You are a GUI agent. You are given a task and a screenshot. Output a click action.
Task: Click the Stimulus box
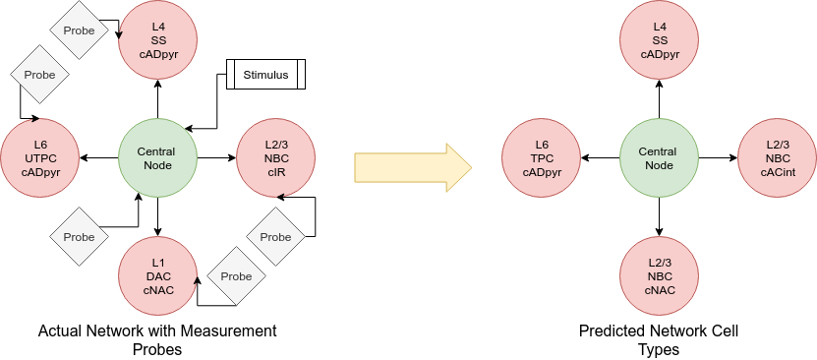265,74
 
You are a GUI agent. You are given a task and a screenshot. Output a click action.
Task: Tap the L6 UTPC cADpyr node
40,157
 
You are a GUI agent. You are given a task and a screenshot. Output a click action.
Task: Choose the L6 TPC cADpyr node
542,157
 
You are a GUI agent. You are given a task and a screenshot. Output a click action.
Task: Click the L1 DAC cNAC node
158,276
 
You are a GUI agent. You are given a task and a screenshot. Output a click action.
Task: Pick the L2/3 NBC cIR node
276,157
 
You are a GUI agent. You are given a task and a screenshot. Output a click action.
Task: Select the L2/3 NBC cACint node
777,157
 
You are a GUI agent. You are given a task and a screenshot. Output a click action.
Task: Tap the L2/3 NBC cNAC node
659,276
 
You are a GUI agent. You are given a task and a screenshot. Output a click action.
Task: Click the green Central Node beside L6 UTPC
158,157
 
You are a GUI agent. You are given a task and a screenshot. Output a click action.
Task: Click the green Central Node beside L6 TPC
659,157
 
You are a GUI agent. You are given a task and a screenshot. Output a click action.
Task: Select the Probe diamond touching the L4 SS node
79,30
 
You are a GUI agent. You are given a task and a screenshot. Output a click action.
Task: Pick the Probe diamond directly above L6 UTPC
39,74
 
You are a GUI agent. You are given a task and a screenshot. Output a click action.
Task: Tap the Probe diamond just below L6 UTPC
79,237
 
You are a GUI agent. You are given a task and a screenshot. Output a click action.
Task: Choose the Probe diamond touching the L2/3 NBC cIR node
275,237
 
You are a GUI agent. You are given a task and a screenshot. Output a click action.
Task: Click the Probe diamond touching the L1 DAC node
236,276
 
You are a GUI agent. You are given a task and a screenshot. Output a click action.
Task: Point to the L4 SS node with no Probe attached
659,39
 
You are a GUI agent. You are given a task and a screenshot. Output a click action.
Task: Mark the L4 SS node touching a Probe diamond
158,39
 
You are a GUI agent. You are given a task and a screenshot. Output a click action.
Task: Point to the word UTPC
40,157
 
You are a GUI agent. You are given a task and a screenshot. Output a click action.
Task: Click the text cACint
777,171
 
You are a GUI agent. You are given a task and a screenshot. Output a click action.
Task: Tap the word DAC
158,276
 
